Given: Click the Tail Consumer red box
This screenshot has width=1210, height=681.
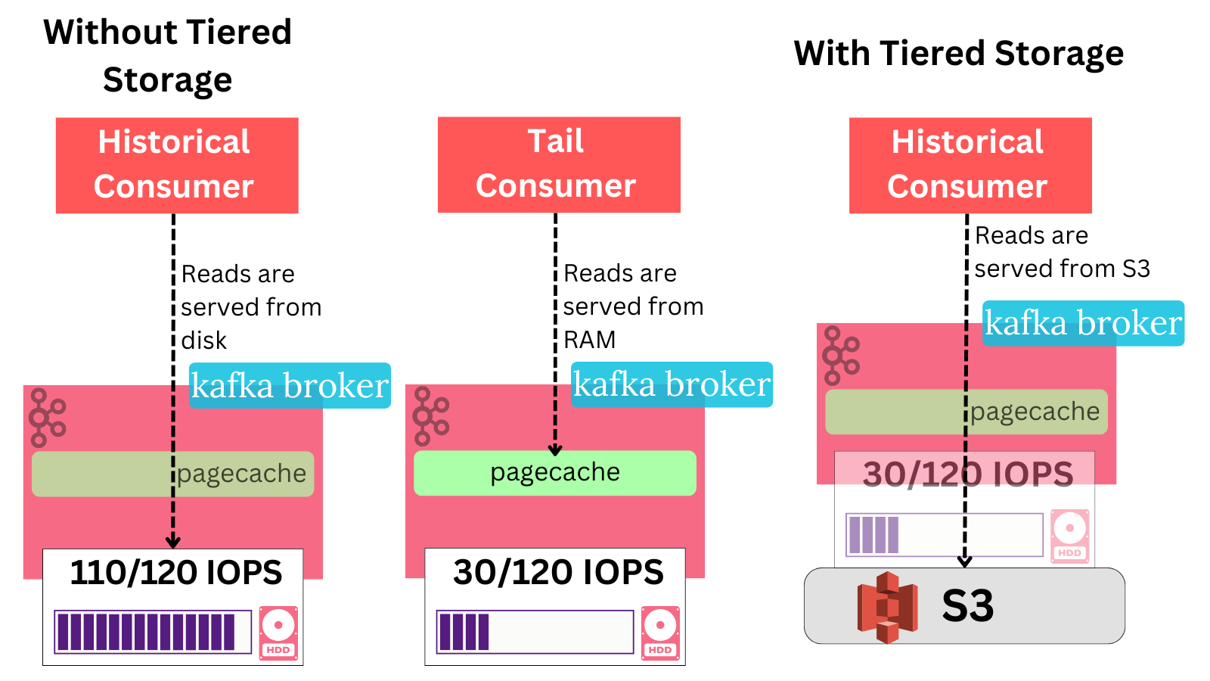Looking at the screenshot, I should click(559, 164).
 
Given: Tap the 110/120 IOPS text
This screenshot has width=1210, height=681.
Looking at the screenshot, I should click(175, 573).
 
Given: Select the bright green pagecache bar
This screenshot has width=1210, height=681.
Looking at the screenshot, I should click(554, 473).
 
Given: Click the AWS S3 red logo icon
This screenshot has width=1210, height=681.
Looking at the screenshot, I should click(886, 607).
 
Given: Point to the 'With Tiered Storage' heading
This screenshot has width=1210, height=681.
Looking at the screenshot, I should click(958, 54).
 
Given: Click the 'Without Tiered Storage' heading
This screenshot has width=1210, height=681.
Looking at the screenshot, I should click(167, 56).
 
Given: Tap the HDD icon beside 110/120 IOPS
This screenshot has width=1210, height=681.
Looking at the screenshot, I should click(278, 633).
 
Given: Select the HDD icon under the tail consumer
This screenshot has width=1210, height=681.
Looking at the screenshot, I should click(660, 633).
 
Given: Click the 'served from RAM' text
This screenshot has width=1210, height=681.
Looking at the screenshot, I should click(633, 323).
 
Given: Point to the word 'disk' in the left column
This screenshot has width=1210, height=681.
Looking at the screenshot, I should click(204, 340).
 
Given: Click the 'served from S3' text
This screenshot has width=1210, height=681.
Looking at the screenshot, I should click(1062, 269).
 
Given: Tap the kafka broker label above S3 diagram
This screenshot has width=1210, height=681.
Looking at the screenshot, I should click(1083, 323).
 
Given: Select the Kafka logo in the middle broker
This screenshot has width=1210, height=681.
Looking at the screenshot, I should click(431, 415).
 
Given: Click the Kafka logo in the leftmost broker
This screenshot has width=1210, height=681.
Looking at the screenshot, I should click(48, 417).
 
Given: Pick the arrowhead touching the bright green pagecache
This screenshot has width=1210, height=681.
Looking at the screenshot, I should click(555, 449).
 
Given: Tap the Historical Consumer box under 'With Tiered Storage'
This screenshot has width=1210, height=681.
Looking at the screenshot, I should click(970, 165).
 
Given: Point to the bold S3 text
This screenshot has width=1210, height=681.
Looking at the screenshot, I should click(967, 606).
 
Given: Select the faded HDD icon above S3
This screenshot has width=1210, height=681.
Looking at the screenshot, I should click(1069, 536).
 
